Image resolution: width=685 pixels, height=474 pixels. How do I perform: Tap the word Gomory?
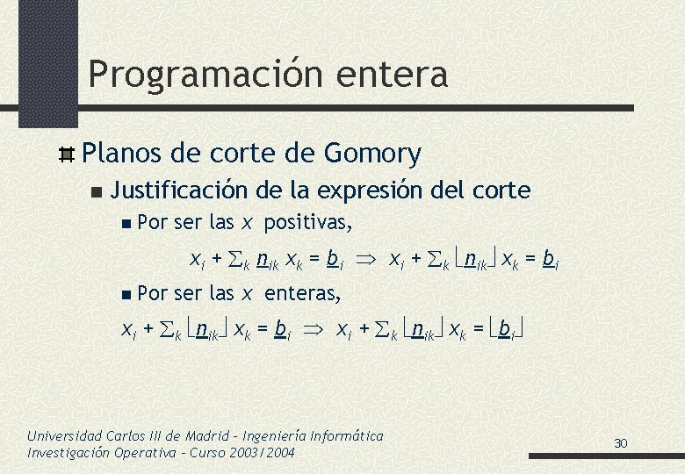(x=372, y=154)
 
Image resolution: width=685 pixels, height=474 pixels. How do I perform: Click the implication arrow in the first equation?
(x=365, y=259)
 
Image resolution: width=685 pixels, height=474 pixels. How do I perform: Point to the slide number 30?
(x=621, y=443)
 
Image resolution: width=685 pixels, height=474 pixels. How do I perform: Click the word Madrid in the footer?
(x=207, y=435)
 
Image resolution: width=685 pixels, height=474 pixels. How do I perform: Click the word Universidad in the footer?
(x=64, y=435)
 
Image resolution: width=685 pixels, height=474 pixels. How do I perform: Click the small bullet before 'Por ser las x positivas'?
(x=129, y=224)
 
